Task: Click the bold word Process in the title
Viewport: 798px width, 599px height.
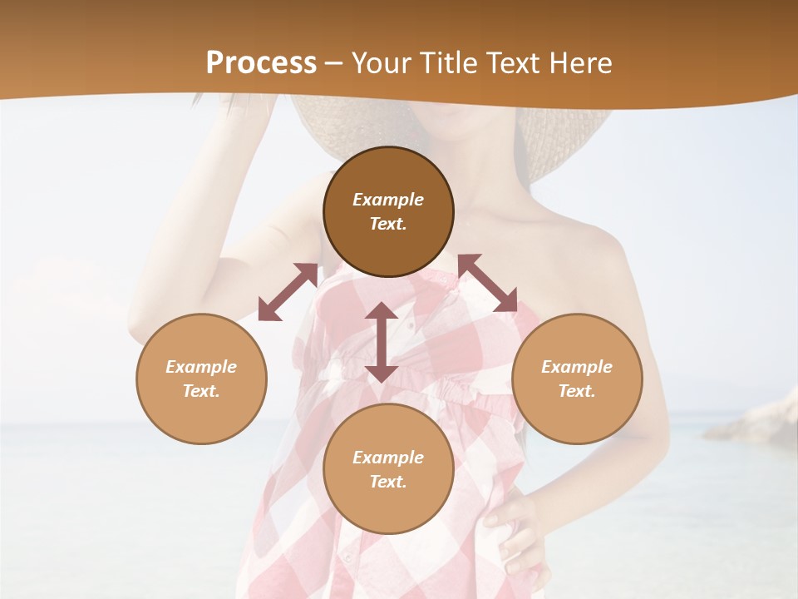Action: [261, 63]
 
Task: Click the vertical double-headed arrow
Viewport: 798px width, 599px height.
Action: [382, 342]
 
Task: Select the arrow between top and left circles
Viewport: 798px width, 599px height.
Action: [288, 292]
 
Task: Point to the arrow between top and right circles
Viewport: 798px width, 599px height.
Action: [488, 283]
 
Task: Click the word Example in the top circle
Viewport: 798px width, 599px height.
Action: [388, 200]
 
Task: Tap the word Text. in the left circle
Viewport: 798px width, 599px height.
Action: [201, 391]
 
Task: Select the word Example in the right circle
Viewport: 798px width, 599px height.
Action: [577, 367]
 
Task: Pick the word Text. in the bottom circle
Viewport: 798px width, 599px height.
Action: [388, 482]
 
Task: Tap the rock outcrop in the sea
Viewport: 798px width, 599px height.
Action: [752, 420]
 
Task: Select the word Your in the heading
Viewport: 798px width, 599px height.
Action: [378, 63]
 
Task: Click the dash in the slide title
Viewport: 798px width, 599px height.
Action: [334, 64]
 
